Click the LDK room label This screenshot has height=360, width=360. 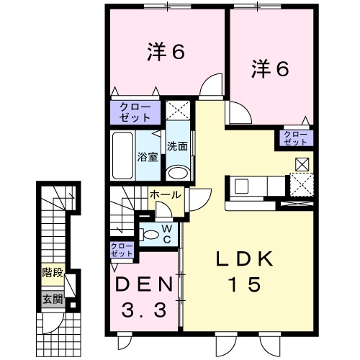[x=245, y=259]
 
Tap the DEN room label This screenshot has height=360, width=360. [x=144, y=285]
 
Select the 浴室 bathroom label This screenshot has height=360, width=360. [x=148, y=157]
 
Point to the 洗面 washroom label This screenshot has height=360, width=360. [x=177, y=146]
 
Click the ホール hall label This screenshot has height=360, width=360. [x=166, y=194]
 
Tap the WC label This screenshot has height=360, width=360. [x=167, y=234]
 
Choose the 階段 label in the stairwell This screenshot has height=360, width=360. [x=53, y=273]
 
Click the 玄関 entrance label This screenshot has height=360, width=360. [x=53, y=300]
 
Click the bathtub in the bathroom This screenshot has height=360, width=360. [x=122, y=156]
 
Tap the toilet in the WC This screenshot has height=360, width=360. [x=149, y=235]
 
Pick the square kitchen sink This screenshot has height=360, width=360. [x=242, y=186]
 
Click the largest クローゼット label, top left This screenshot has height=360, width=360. [x=135, y=112]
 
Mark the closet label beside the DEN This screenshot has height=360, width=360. [x=122, y=250]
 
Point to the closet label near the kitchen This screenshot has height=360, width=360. [x=295, y=138]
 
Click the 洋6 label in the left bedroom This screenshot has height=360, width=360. [x=166, y=51]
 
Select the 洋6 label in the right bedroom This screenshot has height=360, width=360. [x=270, y=69]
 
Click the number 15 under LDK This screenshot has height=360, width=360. [x=245, y=284]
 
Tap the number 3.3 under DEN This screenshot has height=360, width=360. [x=144, y=310]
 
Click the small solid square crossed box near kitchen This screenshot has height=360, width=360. [x=302, y=164]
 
